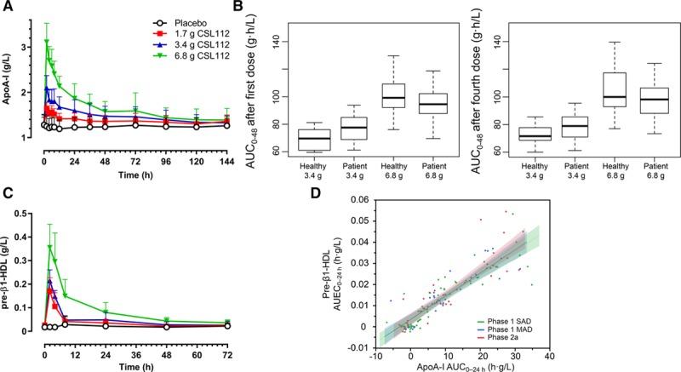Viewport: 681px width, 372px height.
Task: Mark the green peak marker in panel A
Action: click(x=47, y=42)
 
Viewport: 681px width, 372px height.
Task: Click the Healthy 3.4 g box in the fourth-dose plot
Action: click(x=534, y=134)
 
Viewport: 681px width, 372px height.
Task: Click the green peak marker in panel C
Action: click(x=50, y=248)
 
